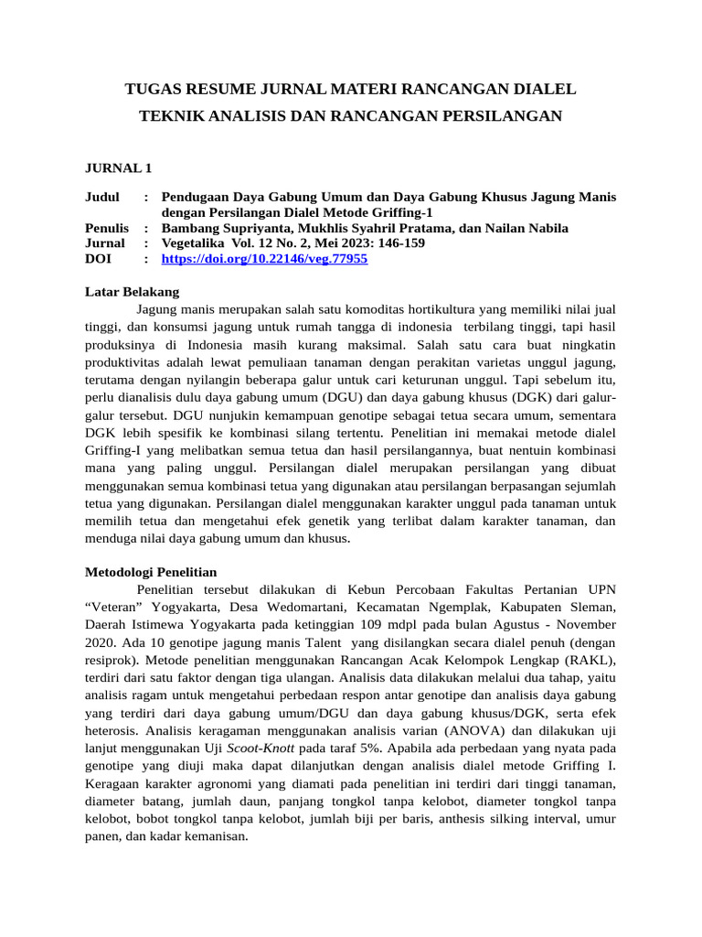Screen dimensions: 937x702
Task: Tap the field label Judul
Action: [102, 197]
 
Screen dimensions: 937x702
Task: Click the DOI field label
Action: [99, 259]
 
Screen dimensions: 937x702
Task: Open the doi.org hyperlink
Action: [264, 259]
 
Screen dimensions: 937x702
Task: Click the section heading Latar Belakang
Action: [132, 292]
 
